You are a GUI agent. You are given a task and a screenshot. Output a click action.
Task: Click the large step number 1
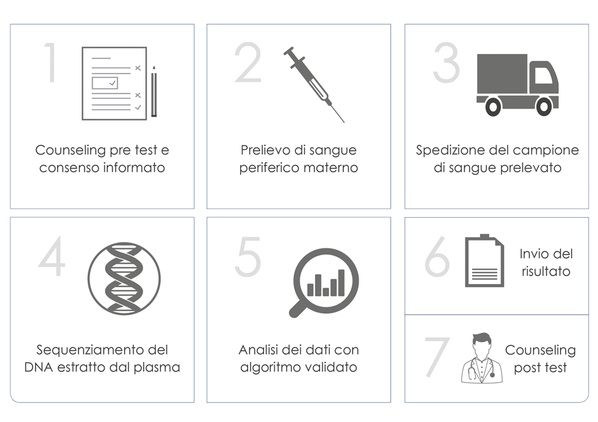pyautogui.click(x=52, y=63)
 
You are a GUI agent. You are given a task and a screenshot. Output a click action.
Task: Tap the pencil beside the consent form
pyautogui.click(x=153, y=91)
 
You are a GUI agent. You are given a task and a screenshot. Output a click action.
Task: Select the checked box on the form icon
pyautogui.click(x=105, y=83)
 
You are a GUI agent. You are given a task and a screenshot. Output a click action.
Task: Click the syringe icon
pyautogui.click(x=314, y=84)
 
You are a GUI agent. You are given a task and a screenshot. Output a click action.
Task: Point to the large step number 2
pyautogui.click(x=248, y=63)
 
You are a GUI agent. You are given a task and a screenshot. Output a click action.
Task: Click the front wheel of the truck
pyautogui.click(x=544, y=107)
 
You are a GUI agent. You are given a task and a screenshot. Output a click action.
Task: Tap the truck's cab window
pyautogui.click(x=545, y=75)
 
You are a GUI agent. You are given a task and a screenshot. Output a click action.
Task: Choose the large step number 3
pyautogui.click(x=446, y=63)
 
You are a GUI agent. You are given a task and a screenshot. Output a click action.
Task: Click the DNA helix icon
pyautogui.click(x=124, y=278)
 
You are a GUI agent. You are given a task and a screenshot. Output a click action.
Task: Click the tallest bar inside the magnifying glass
pyautogui.click(x=341, y=283)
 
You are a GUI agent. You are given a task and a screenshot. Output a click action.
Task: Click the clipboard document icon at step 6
pyautogui.click(x=484, y=261)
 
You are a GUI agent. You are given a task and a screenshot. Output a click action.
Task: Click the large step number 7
pyautogui.click(x=437, y=357)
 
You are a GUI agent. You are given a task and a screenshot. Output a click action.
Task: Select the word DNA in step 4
pyautogui.click(x=39, y=367)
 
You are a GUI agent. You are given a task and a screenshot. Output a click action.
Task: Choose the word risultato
pyautogui.click(x=546, y=272)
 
